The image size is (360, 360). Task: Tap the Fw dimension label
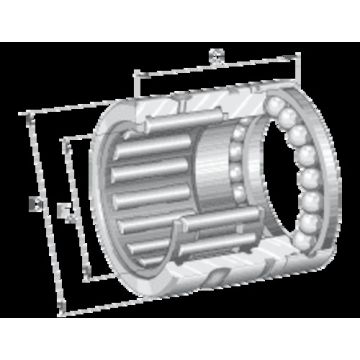coord(63,210)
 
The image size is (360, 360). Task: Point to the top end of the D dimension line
coord(33,113)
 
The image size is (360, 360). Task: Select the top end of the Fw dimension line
coord(63,139)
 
